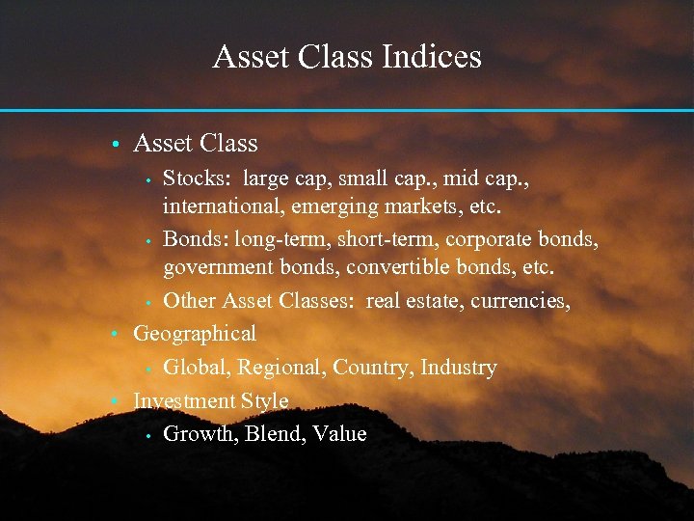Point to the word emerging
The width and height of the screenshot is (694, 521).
[x=337, y=206]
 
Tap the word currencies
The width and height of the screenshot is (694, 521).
[x=520, y=301]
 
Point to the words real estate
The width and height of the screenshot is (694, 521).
[x=414, y=301]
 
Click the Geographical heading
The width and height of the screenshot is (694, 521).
[x=195, y=334]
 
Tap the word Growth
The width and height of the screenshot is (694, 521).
[x=200, y=434]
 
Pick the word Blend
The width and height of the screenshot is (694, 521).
[x=274, y=434]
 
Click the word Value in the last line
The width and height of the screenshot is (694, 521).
[x=339, y=434]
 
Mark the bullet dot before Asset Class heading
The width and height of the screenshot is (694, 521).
[x=114, y=145]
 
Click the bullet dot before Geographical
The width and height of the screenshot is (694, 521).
[x=114, y=335]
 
